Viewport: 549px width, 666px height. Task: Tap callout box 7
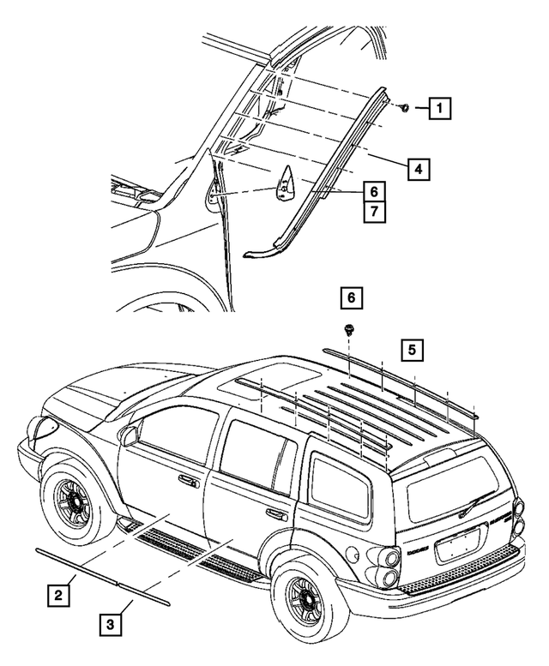click(x=373, y=211)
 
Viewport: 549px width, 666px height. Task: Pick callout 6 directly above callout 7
click(x=373, y=191)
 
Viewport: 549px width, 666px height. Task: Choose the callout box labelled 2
click(x=57, y=591)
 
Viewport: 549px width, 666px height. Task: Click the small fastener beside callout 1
click(x=403, y=108)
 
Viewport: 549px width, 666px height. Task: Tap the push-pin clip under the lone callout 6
click(x=349, y=329)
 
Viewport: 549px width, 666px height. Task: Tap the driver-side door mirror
click(x=129, y=435)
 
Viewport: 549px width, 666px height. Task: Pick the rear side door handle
click(x=275, y=514)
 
